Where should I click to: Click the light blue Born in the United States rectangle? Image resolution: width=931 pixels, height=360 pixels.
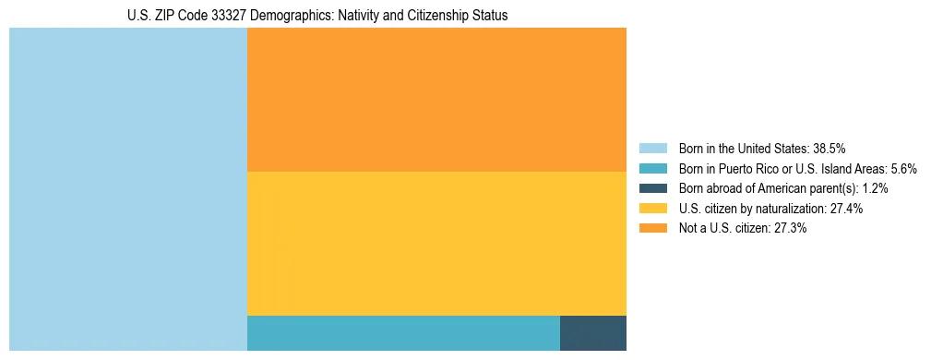(x=128, y=189)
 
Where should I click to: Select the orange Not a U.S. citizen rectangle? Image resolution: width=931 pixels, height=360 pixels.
(x=436, y=100)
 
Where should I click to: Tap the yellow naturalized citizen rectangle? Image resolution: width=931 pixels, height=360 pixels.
(x=436, y=244)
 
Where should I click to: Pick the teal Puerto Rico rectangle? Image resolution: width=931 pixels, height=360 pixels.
(x=403, y=333)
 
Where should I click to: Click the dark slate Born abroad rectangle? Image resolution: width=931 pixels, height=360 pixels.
(x=593, y=333)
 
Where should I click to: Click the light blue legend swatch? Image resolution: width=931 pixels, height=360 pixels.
(x=652, y=148)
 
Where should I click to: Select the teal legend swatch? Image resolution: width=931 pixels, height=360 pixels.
(x=652, y=168)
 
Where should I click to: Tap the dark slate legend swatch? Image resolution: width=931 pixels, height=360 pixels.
(x=652, y=188)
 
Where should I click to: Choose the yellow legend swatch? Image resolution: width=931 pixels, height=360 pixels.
(x=652, y=209)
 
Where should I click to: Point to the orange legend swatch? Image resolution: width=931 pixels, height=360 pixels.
(x=652, y=229)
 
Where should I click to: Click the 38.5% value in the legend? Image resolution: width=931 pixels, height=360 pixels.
(x=829, y=148)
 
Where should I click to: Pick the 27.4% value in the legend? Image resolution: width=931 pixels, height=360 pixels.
(x=845, y=209)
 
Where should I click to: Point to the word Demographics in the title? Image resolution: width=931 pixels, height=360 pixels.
(x=287, y=16)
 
